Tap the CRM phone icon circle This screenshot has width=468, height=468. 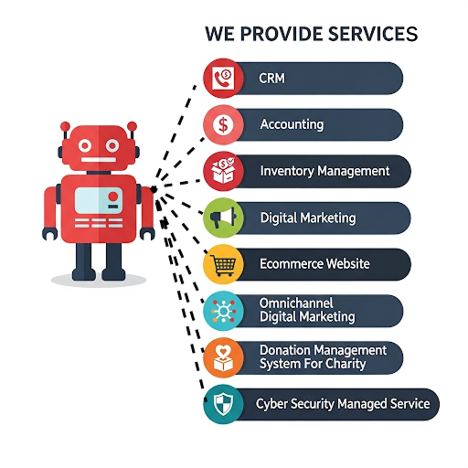223,78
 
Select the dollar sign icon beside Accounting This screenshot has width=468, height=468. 223,124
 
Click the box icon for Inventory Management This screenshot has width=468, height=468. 223,171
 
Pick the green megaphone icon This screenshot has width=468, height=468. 223,218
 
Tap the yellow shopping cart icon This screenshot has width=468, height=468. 223,264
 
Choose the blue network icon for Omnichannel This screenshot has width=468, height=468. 223,311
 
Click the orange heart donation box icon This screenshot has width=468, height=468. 223,357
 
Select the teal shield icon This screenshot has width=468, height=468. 223,404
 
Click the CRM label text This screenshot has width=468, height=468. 271,79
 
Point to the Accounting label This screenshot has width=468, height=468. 292,124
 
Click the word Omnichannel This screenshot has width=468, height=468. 296,303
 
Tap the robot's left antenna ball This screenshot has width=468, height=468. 65,126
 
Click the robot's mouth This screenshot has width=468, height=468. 98,160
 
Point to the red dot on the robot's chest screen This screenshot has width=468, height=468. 113,197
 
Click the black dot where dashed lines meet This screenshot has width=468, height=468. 154,189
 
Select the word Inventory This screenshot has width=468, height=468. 287,171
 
